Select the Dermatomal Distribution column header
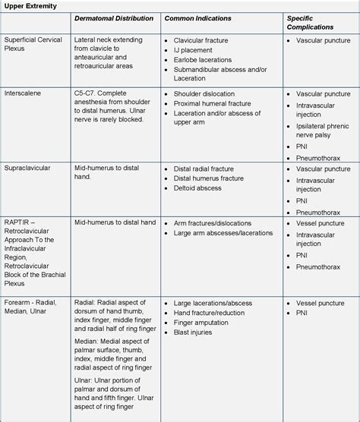114,18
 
